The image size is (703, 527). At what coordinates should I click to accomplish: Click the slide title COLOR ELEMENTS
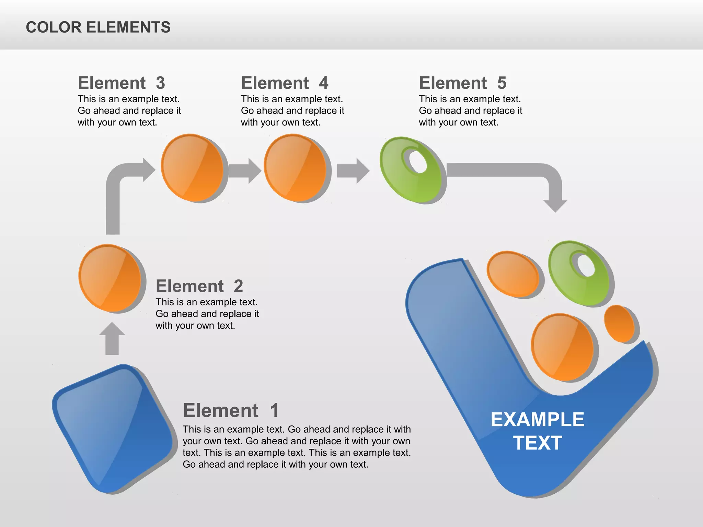98,27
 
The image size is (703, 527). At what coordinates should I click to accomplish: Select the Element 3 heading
122,83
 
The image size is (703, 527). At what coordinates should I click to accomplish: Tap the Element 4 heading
285,83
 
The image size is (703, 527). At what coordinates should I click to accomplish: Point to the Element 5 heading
462,83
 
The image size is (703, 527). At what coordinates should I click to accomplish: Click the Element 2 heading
199,286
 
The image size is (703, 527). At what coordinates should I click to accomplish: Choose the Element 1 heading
231,410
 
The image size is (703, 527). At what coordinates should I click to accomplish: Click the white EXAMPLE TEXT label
537,431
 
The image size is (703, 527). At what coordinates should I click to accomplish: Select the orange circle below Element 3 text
192,167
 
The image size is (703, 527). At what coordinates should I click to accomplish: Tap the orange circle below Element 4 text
295,167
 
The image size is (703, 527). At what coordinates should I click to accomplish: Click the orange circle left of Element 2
110,278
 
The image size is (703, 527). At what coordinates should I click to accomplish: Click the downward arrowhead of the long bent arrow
555,205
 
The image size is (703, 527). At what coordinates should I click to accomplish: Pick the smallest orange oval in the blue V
619,324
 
